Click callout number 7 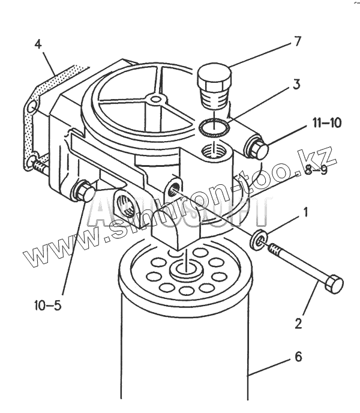(296, 41)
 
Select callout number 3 (296, 84)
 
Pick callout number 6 (298, 358)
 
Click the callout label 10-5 (48, 306)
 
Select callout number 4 (38, 44)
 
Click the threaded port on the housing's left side (128, 202)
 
